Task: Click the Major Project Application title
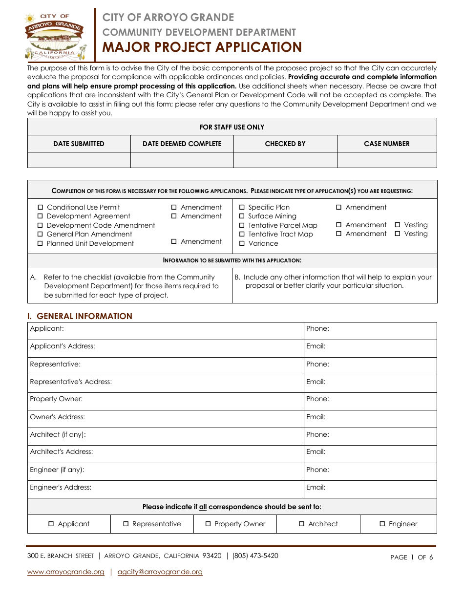coord(202,47)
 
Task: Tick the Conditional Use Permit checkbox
coord(41,208)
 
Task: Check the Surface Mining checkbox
coord(242,216)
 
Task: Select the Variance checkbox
coord(242,243)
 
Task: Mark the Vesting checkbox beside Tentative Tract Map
coord(398,234)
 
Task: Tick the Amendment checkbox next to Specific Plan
coord(339,208)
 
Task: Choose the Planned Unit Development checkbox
coord(41,244)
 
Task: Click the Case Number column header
coord(387,144)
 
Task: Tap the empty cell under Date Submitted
coord(79,160)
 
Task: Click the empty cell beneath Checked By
coord(285,160)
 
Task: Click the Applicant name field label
coord(47,329)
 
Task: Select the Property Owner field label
coord(56,399)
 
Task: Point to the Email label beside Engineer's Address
coord(316,487)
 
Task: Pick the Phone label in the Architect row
coord(317,434)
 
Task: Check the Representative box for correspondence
coord(126,524)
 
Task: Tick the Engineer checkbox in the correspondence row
coord(382,524)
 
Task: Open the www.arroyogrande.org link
coord(66,572)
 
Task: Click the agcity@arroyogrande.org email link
coord(160,572)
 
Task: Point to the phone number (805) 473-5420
coord(255,556)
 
